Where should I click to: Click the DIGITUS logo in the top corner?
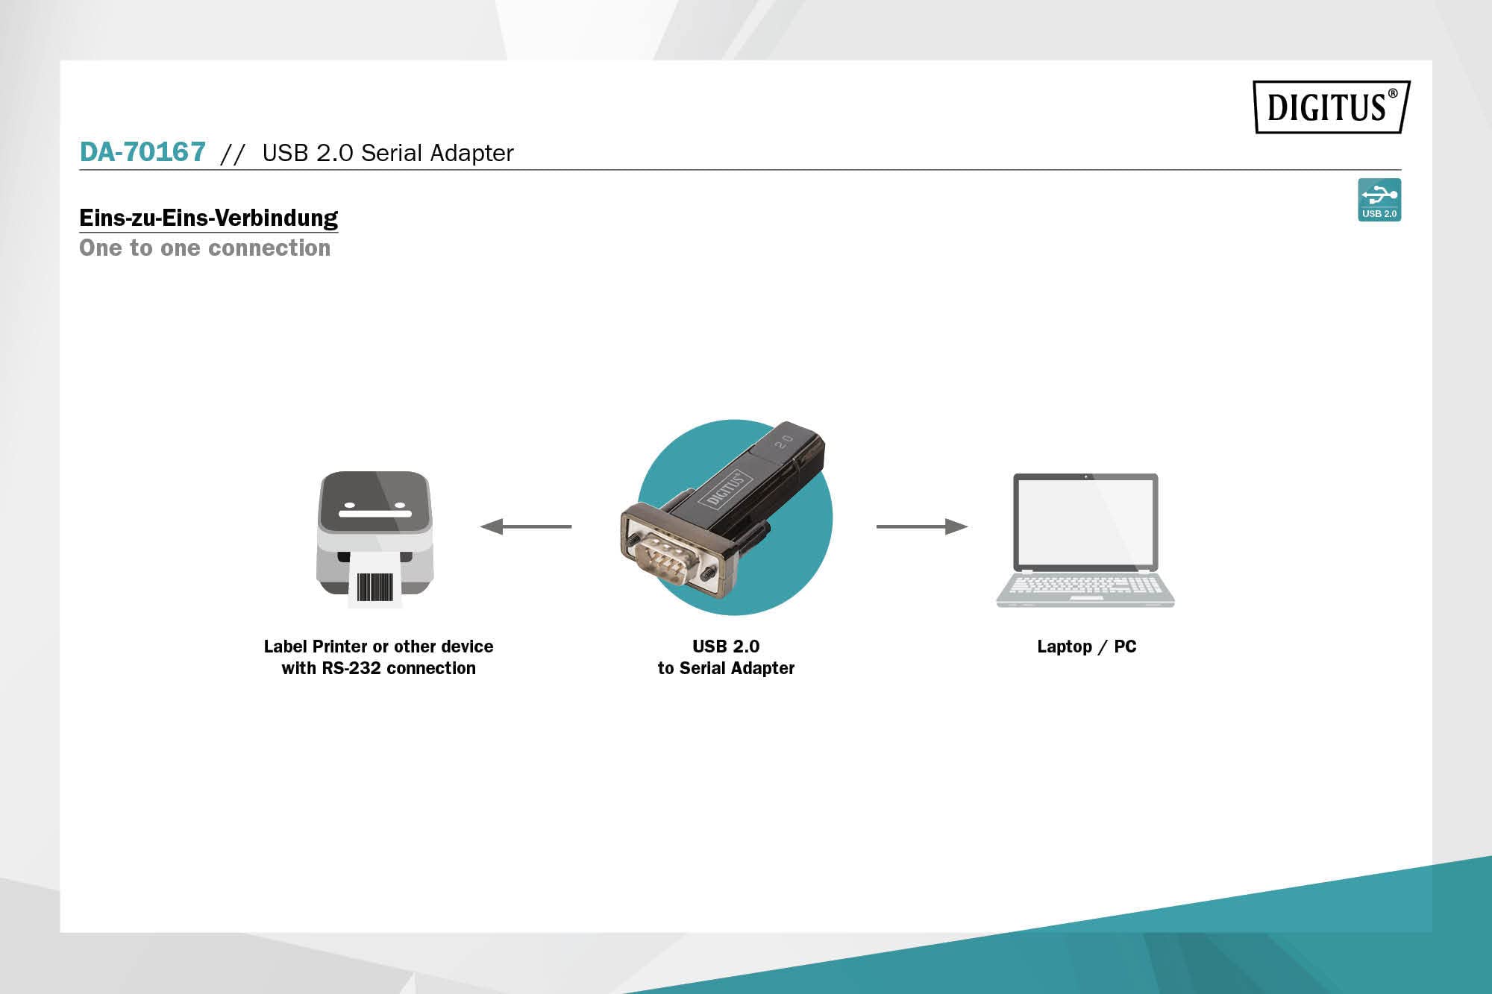coord(1331,107)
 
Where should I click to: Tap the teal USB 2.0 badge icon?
coord(1379,199)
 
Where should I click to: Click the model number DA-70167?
coord(142,152)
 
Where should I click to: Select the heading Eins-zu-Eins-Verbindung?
coord(208,218)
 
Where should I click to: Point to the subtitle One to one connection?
coord(204,248)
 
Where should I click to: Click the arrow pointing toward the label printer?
coord(526,526)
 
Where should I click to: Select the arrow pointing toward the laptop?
coord(921,526)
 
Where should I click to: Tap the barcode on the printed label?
coord(374,587)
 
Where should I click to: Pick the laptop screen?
coord(1085,521)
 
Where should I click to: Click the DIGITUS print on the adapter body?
coord(724,488)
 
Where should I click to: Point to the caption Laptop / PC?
coord(1086,647)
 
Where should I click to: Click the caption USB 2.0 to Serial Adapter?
coord(726,657)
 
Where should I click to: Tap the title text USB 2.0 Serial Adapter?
coord(388,153)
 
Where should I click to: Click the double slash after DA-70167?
coord(233,154)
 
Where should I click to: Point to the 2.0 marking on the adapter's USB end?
coord(784,441)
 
